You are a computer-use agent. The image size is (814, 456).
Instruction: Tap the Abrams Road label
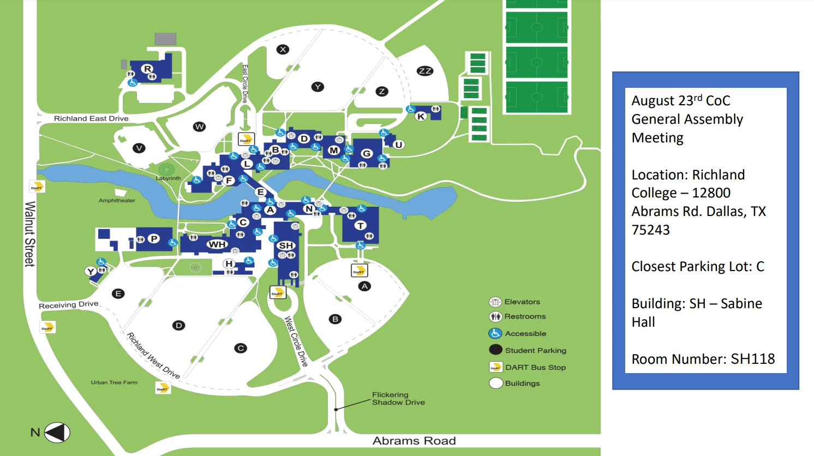pos(414,441)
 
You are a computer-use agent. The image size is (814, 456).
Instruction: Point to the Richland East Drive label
pos(91,118)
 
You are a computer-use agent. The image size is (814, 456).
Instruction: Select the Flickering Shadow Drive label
pos(398,399)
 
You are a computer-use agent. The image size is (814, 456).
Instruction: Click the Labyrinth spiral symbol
pos(166,169)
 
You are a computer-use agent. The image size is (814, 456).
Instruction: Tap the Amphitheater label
pos(117,201)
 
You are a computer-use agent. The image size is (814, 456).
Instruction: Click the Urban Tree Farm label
pos(114,382)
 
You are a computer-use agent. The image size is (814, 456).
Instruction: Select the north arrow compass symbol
pos(57,433)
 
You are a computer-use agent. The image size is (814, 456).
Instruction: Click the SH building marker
pos(286,245)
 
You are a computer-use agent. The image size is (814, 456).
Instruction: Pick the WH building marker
pos(217,244)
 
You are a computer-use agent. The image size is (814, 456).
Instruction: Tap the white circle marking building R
pos(147,69)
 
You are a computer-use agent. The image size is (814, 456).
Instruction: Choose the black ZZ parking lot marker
pos(424,71)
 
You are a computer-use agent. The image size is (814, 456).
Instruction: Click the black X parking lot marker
pos(283,50)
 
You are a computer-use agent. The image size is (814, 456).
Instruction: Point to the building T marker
pos(360,225)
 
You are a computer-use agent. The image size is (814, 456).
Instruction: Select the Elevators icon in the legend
pos(495,302)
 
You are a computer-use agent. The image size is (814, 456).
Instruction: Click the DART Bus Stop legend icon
pos(495,367)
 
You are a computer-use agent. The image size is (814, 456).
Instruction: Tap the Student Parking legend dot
pos(495,350)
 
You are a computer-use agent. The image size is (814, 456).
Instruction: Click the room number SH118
pos(752,359)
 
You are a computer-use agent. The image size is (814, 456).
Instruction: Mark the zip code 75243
pos(650,230)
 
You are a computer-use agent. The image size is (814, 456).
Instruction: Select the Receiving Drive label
pos(69,305)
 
